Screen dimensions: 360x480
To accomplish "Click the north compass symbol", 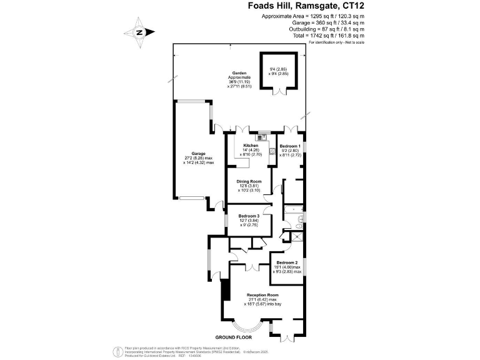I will click(139, 32).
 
